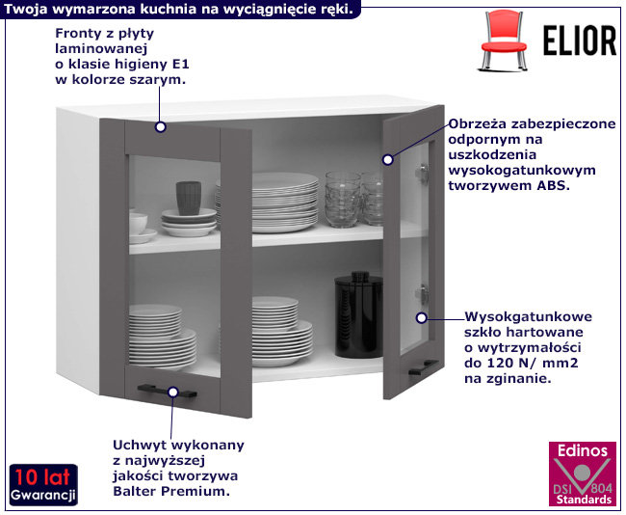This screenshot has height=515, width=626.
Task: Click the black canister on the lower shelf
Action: coord(354,314)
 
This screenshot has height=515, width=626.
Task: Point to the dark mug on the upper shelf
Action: coord(189,198)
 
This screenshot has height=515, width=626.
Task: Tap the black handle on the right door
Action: coord(421,367)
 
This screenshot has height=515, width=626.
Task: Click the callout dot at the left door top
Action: coord(160,126)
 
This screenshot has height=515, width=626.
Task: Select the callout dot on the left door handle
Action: coord(173,392)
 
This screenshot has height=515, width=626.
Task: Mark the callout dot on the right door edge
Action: coord(389,157)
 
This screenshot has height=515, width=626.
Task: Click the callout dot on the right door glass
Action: coord(420,316)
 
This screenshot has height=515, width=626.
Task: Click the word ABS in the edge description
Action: coord(554,186)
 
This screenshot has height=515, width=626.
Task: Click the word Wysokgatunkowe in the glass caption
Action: coord(528,317)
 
